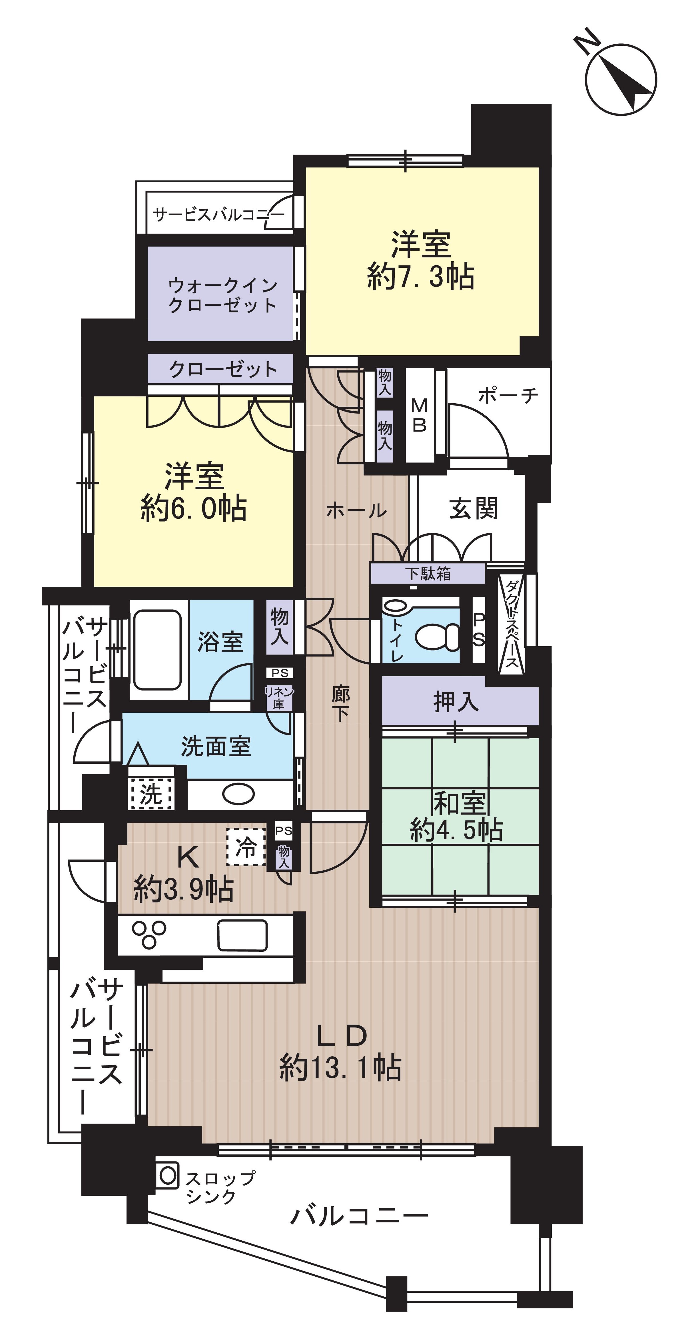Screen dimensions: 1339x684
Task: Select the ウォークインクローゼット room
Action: pyautogui.click(x=222, y=295)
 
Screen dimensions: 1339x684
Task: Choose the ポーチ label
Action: pyautogui.click(x=508, y=396)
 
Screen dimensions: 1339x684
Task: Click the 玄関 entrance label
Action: pyautogui.click(x=473, y=509)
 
